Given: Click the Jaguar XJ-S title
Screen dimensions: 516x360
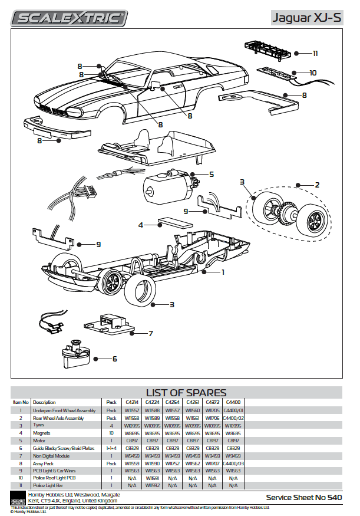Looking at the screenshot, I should [x=306, y=18].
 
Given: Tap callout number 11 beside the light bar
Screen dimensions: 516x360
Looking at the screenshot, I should [x=315, y=53].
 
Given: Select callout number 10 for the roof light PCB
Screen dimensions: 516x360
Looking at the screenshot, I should [x=313, y=73].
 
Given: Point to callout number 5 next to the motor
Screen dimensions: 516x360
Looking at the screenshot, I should [x=211, y=175].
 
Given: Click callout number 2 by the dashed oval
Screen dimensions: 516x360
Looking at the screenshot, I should [x=317, y=185].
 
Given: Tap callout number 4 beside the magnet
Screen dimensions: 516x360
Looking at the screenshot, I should [x=141, y=225].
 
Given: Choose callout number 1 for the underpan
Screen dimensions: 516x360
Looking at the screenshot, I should [x=223, y=272].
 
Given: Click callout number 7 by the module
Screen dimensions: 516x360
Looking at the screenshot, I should [x=150, y=333].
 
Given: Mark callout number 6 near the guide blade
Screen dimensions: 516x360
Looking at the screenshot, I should [x=114, y=358].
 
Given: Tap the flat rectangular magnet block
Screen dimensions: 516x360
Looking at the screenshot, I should [x=176, y=223].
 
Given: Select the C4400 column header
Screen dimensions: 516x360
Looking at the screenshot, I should [x=233, y=402].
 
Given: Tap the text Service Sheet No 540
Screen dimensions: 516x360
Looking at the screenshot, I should [x=304, y=498].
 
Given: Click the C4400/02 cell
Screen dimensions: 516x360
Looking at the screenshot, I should [x=233, y=418].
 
